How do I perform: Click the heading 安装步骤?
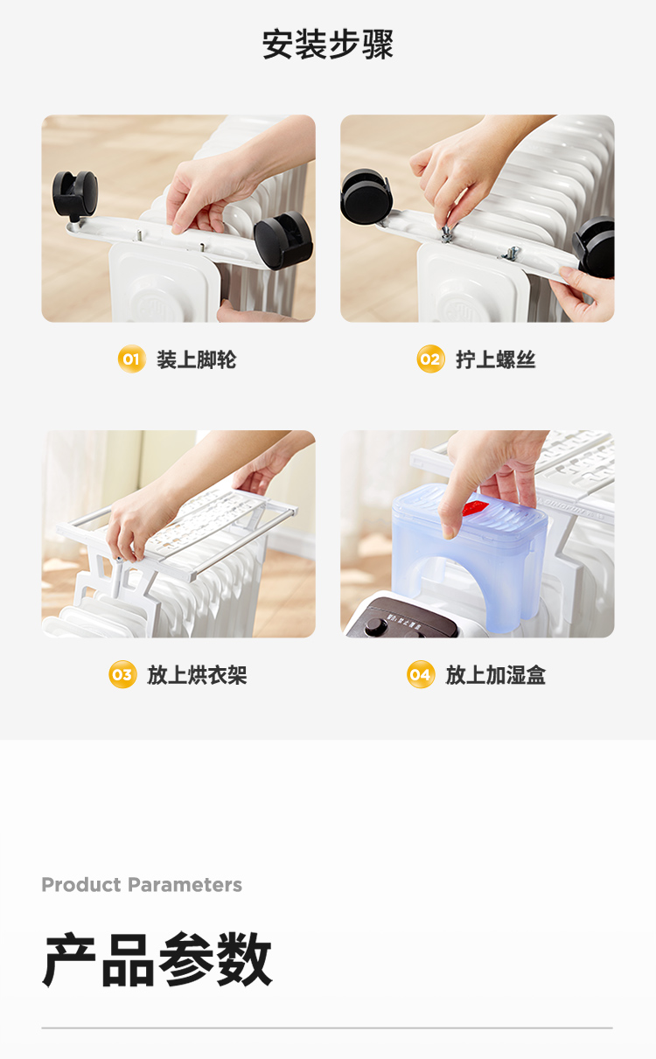(x=328, y=44)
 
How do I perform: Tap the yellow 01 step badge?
(x=131, y=359)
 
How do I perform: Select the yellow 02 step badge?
(x=430, y=359)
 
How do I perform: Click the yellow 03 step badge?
(x=122, y=674)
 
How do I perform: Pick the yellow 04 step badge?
(x=421, y=674)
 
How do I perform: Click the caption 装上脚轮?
(x=196, y=359)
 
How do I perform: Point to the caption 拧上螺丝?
(x=495, y=359)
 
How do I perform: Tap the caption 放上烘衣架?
(x=197, y=674)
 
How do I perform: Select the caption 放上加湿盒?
(x=495, y=674)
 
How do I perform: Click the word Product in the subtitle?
(x=81, y=885)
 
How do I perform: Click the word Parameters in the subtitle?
(x=185, y=885)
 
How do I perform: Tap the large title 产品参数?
(x=157, y=960)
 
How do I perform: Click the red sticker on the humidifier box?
(x=475, y=508)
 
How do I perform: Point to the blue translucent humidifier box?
(x=470, y=557)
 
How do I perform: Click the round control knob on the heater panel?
(x=375, y=626)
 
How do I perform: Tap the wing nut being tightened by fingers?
(x=445, y=233)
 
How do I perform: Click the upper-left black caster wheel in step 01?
(x=74, y=194)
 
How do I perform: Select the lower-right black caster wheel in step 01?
(x=283, y=240)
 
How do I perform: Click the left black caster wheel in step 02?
(x=366, y=197)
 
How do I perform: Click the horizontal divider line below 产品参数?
(x=327, y=1028)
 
